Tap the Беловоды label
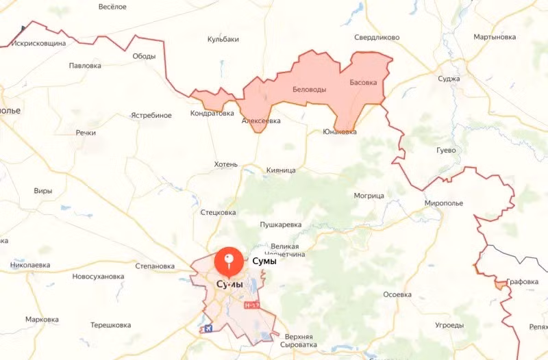pos(309,90)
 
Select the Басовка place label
pos(363,83)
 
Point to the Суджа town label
pos(449,79)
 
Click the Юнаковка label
pos(339,132)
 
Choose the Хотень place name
pos(225,165)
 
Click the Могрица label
pos(369,196)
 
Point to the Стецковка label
pos(218,213)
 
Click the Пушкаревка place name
pos(281,224)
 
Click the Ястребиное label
pos(151,115)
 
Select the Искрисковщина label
pos(38,43)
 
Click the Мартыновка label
pos(495,36)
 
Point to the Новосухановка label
pos(98,277)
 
